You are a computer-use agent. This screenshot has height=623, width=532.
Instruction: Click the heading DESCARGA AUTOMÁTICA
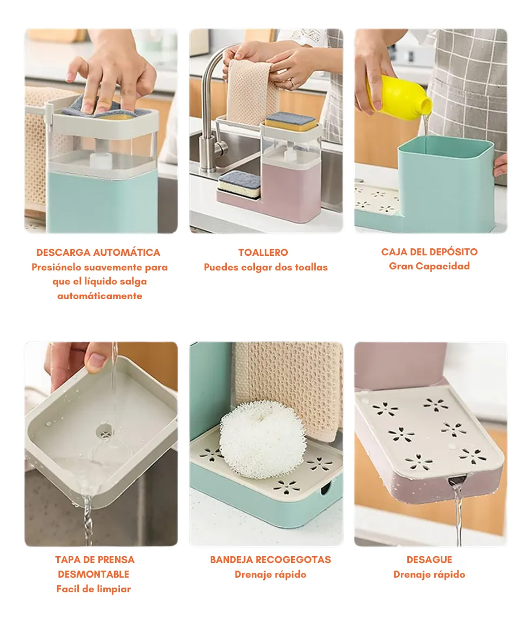98,252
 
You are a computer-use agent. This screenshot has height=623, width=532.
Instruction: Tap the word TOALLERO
263,252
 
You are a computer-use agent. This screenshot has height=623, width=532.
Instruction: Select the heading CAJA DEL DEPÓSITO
429,252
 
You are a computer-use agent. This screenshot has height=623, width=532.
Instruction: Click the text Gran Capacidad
429,266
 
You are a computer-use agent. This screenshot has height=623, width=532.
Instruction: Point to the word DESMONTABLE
93,574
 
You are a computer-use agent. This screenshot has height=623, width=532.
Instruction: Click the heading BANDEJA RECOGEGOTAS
271,559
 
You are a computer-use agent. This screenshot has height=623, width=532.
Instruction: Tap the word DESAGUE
429,559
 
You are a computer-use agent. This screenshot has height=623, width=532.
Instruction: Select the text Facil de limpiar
93,589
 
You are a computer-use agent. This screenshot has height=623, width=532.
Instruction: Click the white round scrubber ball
262,437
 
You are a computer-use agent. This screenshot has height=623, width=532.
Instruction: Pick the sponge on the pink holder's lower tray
239,184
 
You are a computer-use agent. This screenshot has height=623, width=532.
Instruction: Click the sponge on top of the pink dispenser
291,121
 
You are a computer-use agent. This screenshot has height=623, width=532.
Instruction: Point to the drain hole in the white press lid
105,431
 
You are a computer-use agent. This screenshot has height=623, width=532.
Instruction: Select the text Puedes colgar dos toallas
266,267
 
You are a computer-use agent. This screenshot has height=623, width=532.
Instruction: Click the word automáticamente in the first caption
99,296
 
